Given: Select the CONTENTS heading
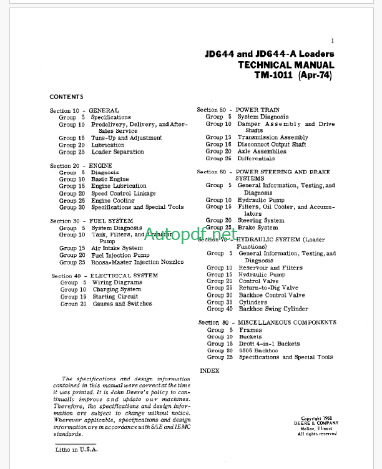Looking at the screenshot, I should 66,97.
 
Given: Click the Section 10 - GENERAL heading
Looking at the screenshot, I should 84,110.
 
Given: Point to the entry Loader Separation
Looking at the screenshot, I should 117,152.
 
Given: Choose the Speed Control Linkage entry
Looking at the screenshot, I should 123,193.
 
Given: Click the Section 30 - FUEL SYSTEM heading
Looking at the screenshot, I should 91,221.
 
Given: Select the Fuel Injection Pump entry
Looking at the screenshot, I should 120,255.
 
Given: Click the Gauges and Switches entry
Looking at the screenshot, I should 122,304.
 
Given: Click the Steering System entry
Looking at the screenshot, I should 261,220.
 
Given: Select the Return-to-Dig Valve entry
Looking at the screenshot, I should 268,288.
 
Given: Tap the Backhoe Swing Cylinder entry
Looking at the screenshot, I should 273,309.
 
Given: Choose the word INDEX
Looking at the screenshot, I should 210,370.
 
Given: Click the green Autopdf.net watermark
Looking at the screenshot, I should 191,234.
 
